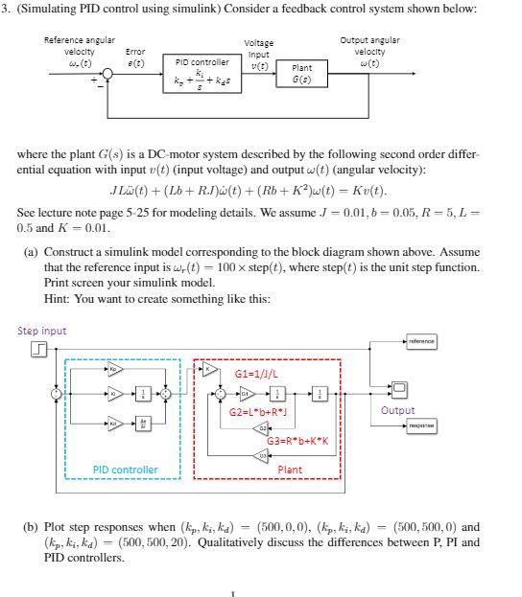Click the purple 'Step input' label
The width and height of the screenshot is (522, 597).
pos(42,331)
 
